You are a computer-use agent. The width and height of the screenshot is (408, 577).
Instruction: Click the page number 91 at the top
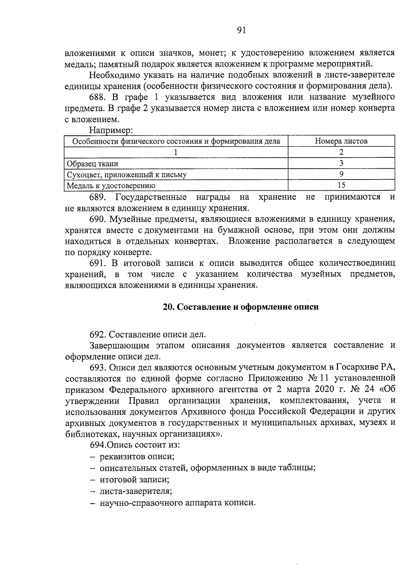click(x=240, y=31)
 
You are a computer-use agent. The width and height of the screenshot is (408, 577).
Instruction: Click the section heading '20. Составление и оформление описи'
click(x=241, y=307)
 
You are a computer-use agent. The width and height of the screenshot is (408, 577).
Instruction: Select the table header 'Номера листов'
click(x=341, y=141)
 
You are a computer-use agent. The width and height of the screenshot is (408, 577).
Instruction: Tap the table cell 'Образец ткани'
click(x=92, y=164)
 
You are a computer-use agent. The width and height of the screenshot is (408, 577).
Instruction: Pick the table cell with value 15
click(x=341, y=185)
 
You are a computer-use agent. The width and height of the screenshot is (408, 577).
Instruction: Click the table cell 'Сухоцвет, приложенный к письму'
click(x=126, y=175)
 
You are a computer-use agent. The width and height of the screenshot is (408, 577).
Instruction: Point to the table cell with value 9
click(x=341, y=174)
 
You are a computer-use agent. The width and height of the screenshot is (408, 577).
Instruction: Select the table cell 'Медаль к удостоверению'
click(x=111, y=186)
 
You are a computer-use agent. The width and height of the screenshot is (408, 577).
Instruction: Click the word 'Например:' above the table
click(x=111, y=131)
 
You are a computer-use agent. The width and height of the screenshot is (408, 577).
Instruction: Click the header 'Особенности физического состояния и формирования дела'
click(x=176, y=141)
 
